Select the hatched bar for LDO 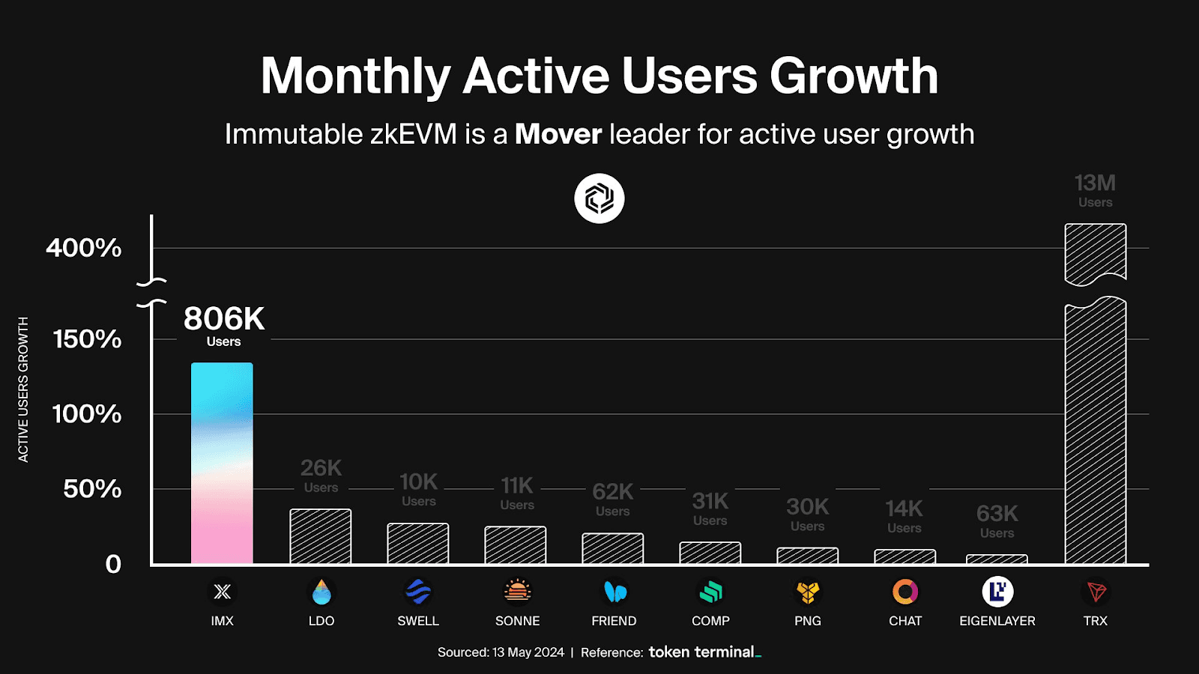[x=321, y=536]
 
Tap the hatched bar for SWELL [x=418, y=544]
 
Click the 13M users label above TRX [x=1095, y=189]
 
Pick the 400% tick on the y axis [x=84, y=248]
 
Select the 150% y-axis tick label [x=87, y=339]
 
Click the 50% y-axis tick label [x=91, y=489]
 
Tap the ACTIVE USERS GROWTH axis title [x=23, y=389]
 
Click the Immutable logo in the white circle [x=599, y=198]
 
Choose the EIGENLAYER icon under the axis [x=997, y=592]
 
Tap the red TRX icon [x=1096, y=592]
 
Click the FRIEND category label [x=614, y=621]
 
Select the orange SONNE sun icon [x=517, y=592]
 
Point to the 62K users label [x=613, y=498]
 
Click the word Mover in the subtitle [x=558, y=135]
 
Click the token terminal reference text [x=704, y=652]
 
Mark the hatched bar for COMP [x=710, y=553]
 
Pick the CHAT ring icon [x=905, y=592]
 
